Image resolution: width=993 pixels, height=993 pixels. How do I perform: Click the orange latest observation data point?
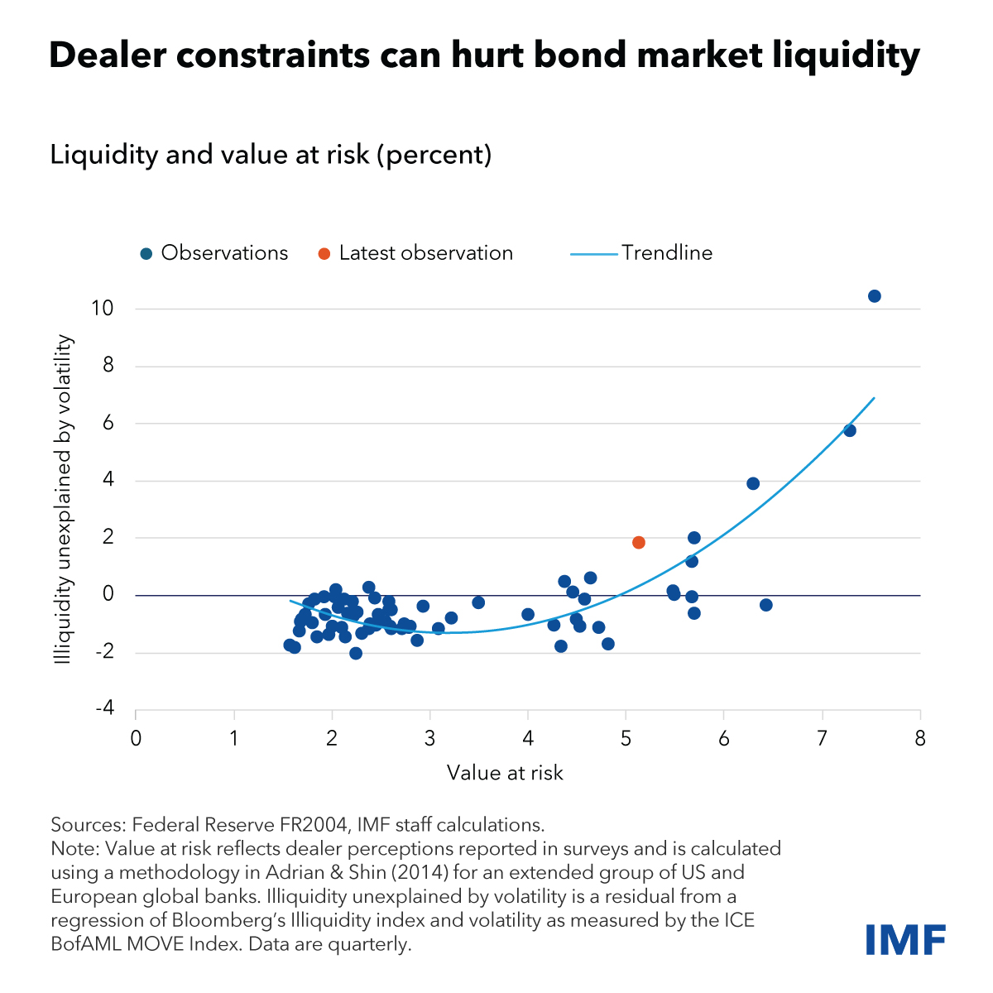[638, 543]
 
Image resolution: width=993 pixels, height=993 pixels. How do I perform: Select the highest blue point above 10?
[875, 296]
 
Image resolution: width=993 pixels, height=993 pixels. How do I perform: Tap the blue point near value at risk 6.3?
[753, 484]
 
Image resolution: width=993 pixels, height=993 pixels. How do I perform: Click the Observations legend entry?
[215, 253]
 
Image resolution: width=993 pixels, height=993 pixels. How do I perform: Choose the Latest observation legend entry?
[416, 253]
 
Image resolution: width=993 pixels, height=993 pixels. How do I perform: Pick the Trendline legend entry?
[642, 253]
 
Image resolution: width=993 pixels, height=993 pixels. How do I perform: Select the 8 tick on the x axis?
[920, 738]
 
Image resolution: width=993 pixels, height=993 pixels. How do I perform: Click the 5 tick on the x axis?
[626, 738]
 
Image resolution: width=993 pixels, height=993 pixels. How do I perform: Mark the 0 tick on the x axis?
[136, 738]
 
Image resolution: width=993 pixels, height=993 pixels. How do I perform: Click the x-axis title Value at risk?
[505, 773]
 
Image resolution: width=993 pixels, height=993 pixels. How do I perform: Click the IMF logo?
[906, 939]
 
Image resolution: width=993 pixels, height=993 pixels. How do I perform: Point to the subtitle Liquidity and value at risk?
[271, 155]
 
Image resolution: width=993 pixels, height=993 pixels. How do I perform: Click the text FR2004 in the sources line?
[314, 825]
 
